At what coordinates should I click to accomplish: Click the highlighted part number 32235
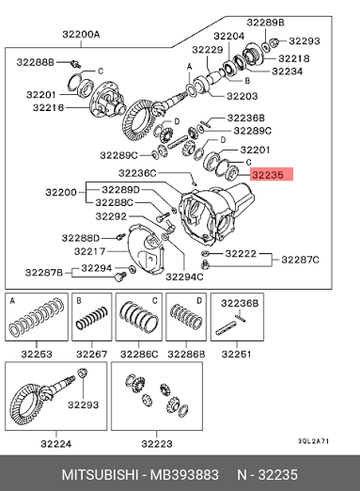[x=268, y=175]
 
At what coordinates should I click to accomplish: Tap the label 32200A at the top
[x=81, y=34]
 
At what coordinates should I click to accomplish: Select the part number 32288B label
[x=36, y=62]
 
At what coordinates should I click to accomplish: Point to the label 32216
[x=48, y=107]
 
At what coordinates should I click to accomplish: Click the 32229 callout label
[x=208, y=50]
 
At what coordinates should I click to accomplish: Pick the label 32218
[x=294, y=58]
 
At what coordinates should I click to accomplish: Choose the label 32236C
[x=137, y=173]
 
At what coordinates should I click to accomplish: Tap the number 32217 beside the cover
[x=89, y=251]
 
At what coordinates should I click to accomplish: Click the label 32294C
[x=184, y=277]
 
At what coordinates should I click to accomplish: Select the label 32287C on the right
[x=300, y=260]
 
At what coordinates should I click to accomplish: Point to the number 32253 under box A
[x=37, y=354]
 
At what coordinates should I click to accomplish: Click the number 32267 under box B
[x=92, y=354]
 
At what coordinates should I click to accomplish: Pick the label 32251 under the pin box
[x=236, y=354]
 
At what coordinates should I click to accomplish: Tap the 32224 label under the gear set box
[x=56, y=444]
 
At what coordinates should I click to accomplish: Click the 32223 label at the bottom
[x=157, y=444]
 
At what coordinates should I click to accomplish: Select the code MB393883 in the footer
[x=184, y=474]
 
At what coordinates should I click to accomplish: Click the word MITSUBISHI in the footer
[x=100, y=474]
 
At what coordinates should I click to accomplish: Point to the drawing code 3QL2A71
[x=313, y=441]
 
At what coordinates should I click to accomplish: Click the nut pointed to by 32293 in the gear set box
[x=82, y=372]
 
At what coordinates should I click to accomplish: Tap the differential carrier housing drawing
[x=216, y=214]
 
